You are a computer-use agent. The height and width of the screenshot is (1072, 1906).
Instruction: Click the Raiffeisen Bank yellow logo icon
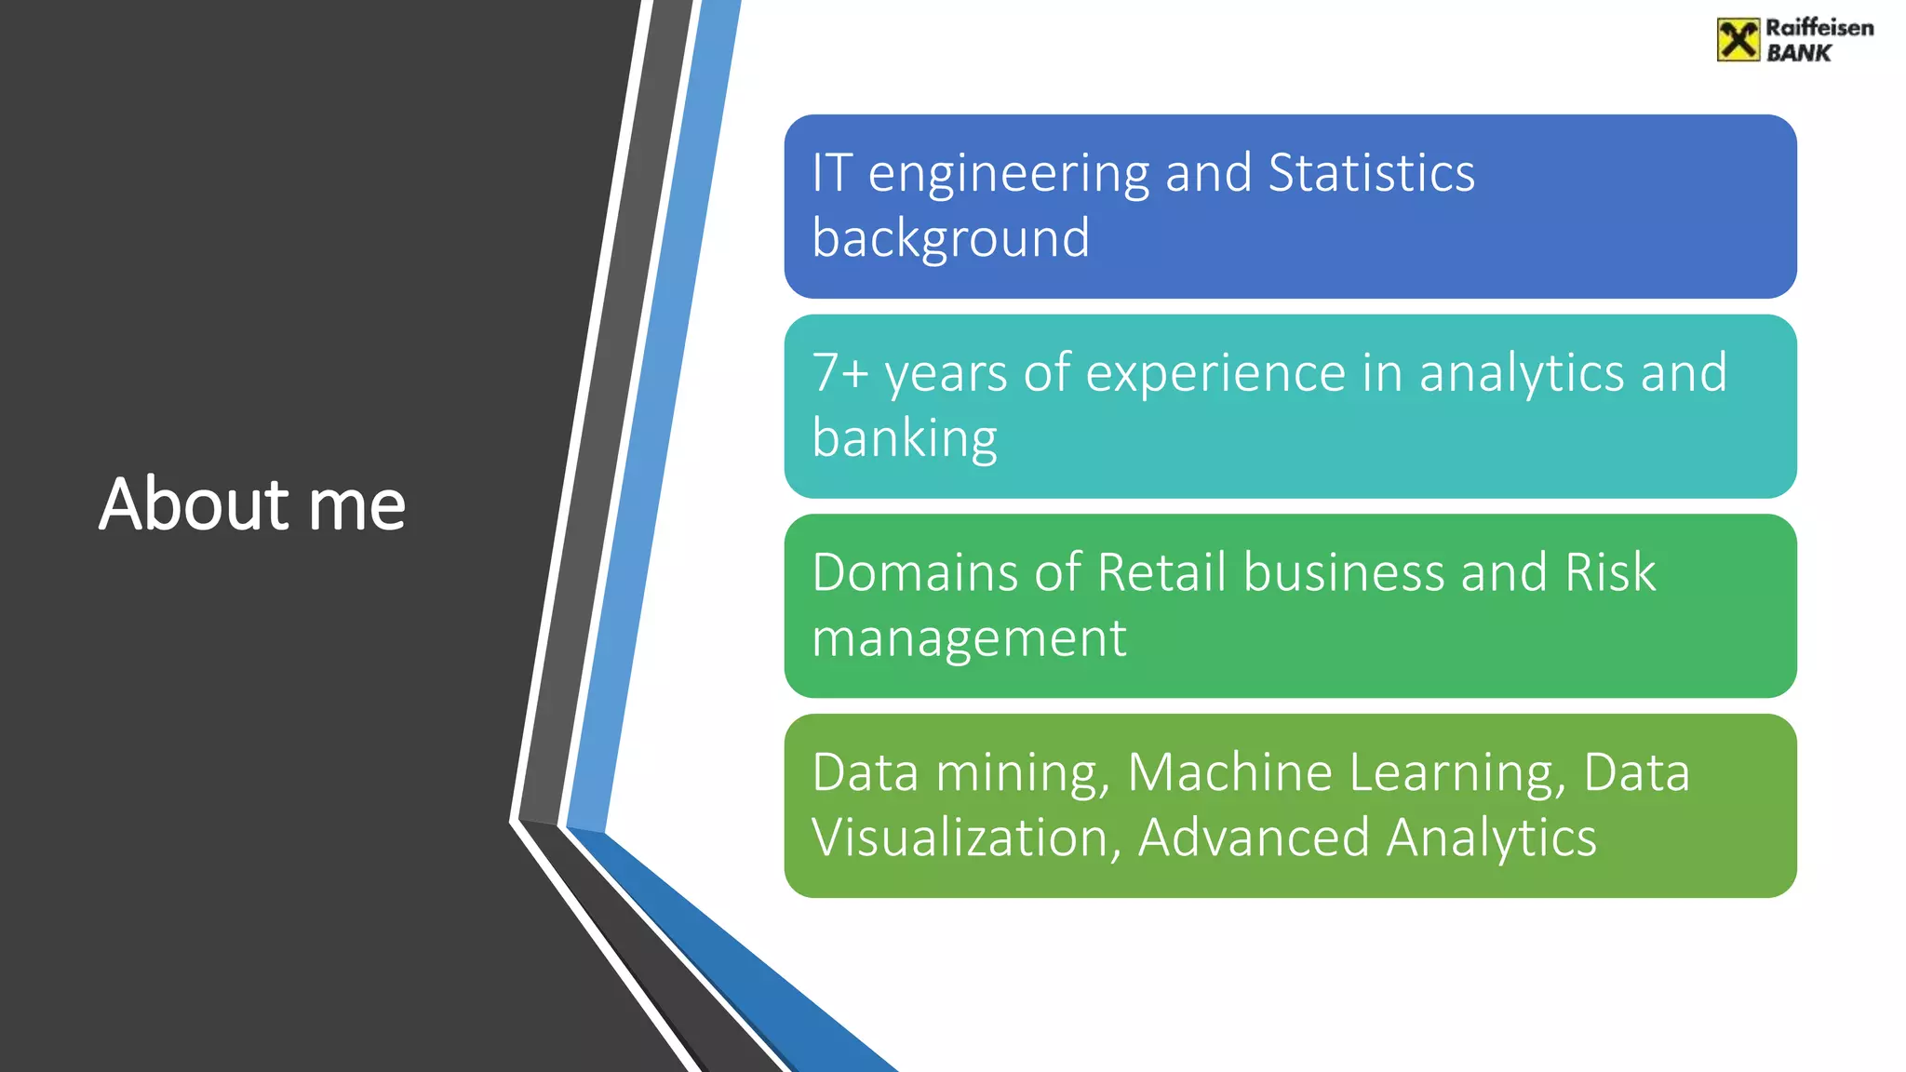[x=1738, y=40]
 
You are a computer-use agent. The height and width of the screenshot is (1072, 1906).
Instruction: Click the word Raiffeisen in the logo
[x=1819, y=28]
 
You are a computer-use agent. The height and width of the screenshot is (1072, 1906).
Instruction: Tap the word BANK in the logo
[x=1798, y=54]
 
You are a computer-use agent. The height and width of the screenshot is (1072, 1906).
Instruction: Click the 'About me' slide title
[x=252, y=504]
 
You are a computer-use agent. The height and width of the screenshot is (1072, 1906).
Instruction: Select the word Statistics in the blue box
[x=1371, y=173]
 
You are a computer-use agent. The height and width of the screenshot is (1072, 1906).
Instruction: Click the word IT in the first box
[x=831, y=173]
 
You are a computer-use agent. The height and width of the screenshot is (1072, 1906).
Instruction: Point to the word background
[x=950, y=239]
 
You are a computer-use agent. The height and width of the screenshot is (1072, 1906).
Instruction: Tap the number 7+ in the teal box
[x=839, y=372]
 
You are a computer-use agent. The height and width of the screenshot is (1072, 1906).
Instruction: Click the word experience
[x=1215, y=374]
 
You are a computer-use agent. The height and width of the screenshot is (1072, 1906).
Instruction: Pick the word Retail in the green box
[x=1161, y=572]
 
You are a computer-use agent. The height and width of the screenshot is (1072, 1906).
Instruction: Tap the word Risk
[x=1609, y=572]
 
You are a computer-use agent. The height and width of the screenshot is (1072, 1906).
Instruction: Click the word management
[x=969, y=639]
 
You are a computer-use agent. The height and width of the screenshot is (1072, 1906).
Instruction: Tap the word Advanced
[x=1253, y=838]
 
